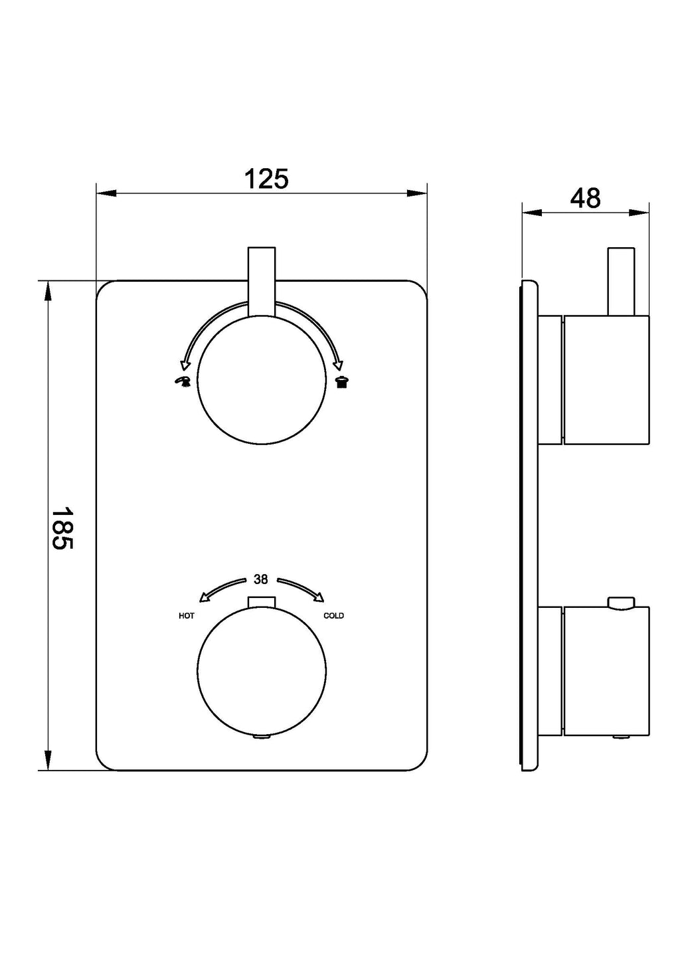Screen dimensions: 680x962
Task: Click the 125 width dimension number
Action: [266, 179]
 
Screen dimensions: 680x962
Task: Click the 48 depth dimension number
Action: [585, 199]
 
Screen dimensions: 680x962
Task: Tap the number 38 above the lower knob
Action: [260, 579]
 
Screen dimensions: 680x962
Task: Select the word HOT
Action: [187, 616]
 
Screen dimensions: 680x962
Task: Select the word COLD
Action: [333, 616]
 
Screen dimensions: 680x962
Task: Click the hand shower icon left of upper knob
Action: [181, 381]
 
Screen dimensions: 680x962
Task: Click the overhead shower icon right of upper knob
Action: [342, 381]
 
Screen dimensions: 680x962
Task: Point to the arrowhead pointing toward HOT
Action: [205, 597]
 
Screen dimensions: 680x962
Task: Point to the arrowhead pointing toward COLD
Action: [318, 597]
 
